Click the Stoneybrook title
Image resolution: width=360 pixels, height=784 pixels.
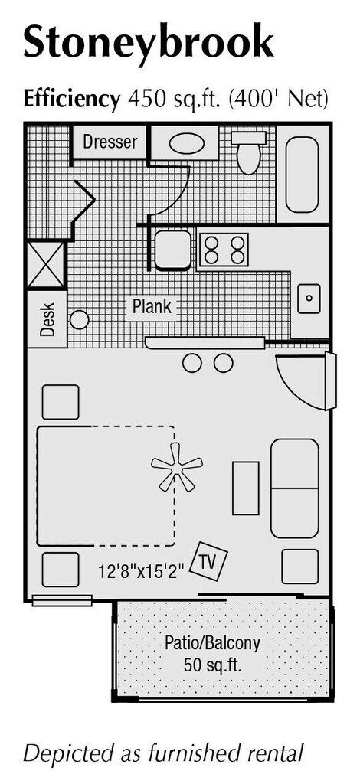tap(149, 43)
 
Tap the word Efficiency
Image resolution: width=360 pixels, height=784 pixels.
tap(72, 100)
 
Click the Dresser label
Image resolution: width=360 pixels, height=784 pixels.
tap(110, 142)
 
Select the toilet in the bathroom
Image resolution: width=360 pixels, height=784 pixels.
tap(248, 152)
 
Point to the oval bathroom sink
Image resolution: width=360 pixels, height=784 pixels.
tap(186, 144)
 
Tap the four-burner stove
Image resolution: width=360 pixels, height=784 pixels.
tap(224, 250)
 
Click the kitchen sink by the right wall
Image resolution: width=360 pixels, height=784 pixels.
tap(309, 299)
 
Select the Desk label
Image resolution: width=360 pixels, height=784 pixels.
tap(47, 319)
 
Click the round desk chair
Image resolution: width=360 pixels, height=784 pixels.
tap(79, 319)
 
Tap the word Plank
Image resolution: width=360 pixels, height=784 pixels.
tap(152, 306)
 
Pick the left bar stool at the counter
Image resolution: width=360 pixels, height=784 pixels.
tap(192, 363)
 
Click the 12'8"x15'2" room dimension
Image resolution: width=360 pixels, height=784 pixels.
tap(142, 570)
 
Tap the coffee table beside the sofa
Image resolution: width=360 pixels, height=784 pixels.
tap(246, 488)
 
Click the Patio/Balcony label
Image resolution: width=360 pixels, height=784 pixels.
tap(212, 642)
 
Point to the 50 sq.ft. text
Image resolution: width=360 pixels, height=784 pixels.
tap(213, 665)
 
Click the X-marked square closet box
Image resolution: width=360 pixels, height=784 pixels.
tap(45, 265)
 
